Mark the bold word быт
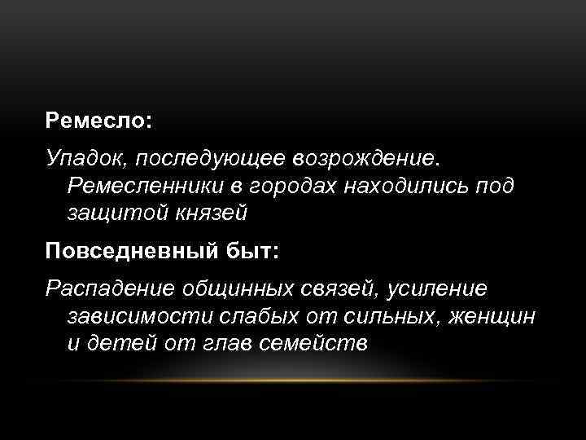[247, 249]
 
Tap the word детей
[124, 343]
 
